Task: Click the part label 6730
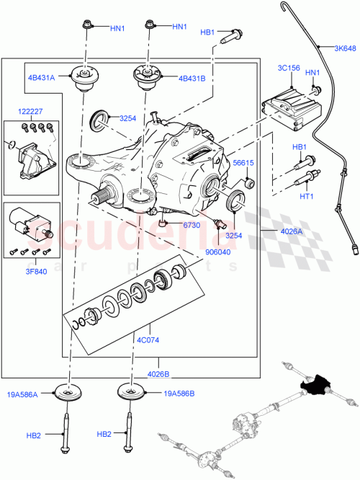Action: (x=190, y=226)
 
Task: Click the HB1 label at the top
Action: (x=208, y=32)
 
